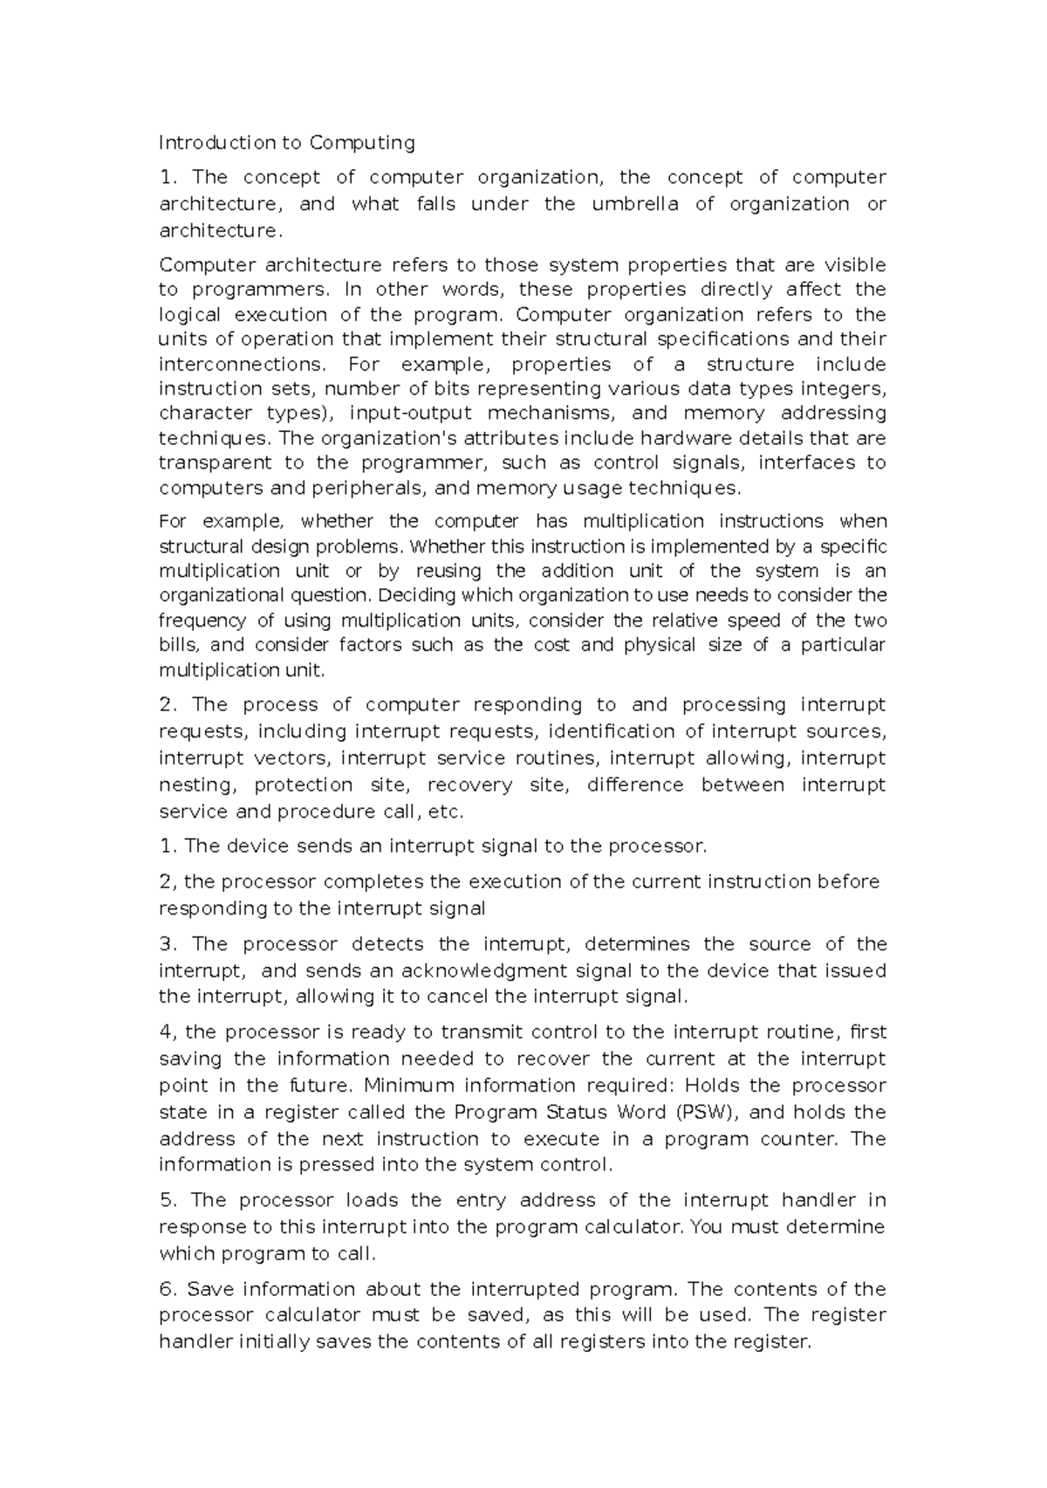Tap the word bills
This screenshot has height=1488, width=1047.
180,645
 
